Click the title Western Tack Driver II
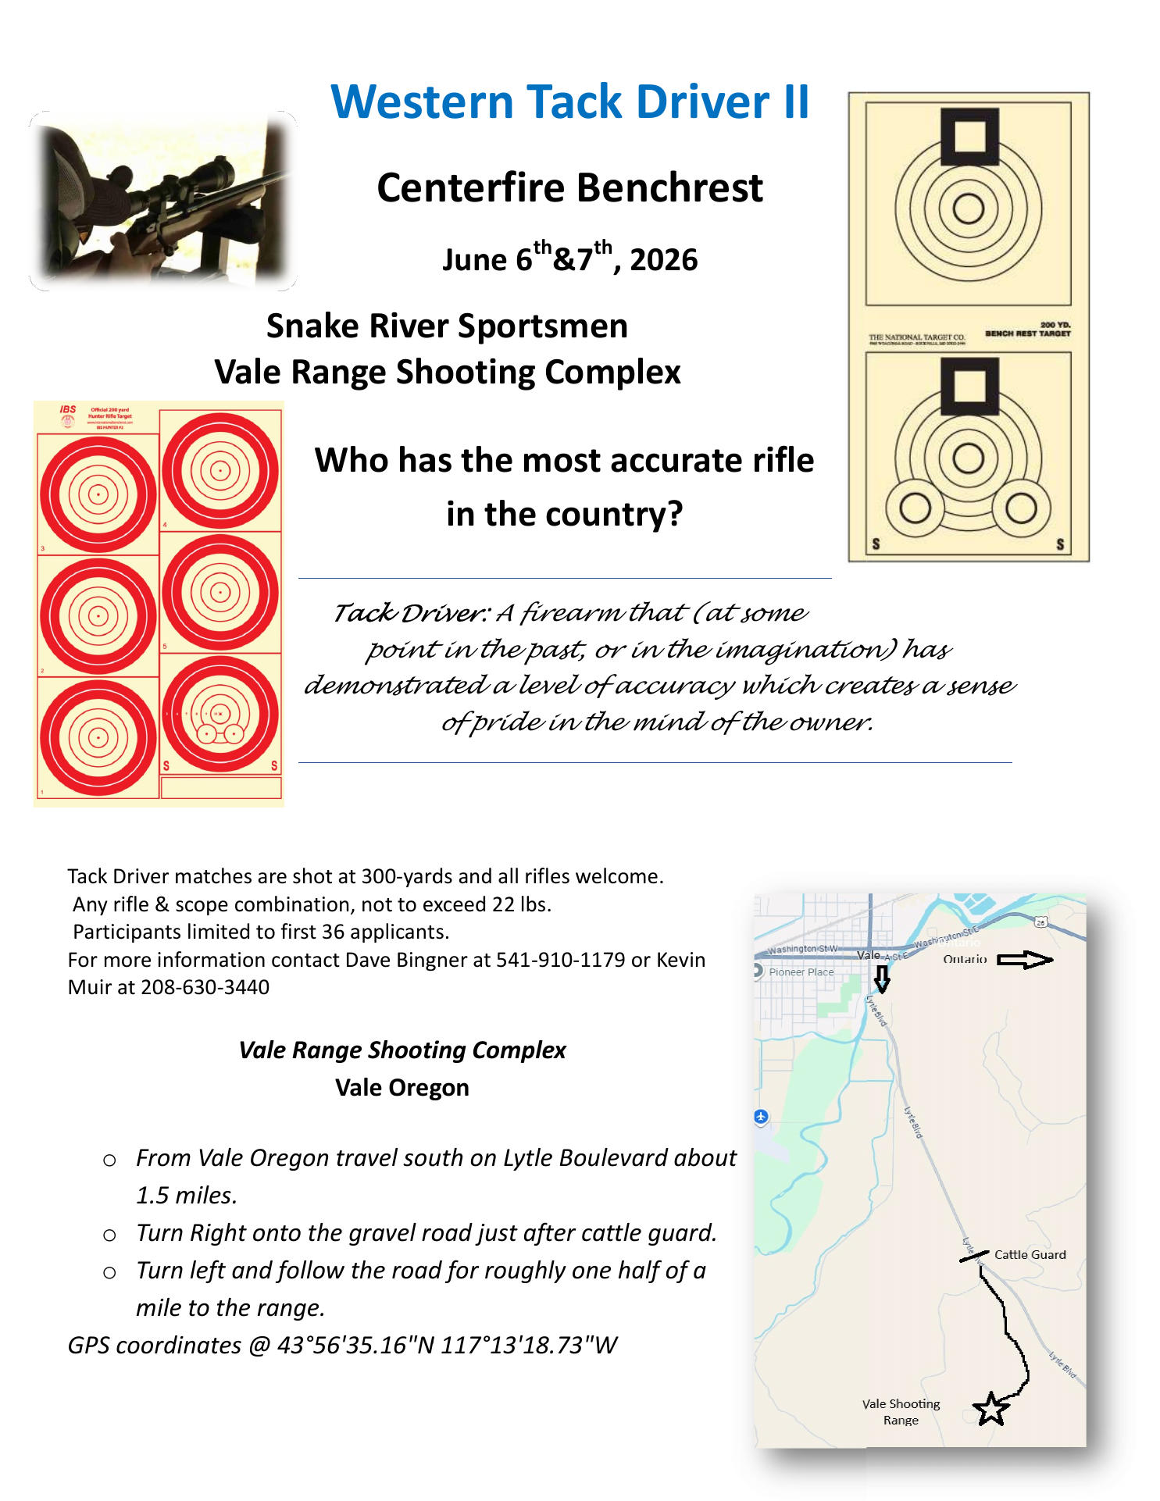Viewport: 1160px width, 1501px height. [569, 102]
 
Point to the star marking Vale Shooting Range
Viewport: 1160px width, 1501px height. [990, 1409]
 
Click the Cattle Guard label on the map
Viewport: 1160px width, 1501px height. [1030, 1254]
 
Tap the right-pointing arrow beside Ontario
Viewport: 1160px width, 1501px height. [1024, 960]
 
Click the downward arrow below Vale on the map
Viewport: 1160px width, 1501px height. [882, 979]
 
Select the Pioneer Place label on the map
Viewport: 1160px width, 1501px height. [801, 972]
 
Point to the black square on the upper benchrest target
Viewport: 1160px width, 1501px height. [969, 137]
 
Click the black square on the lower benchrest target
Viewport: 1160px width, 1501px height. [969, 386]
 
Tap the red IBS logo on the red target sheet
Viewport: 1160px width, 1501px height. [68, 410]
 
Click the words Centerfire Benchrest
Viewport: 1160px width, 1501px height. [569, 188]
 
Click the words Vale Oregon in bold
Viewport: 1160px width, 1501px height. [402, 1087]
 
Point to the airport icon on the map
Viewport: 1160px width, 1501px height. [761, 1117]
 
